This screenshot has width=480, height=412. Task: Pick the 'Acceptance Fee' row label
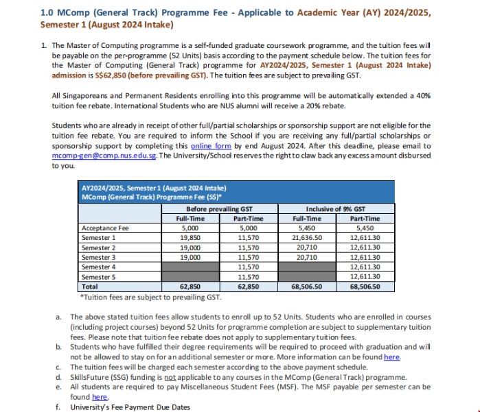click(104, 228)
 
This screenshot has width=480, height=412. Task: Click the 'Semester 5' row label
click(98, 276)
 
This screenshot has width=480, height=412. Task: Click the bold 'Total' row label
click(89, 287)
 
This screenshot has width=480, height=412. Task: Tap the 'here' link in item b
click(391, 357)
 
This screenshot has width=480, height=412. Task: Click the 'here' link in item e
click(100, 397)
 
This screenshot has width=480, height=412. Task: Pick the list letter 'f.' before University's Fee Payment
click(58, 407)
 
